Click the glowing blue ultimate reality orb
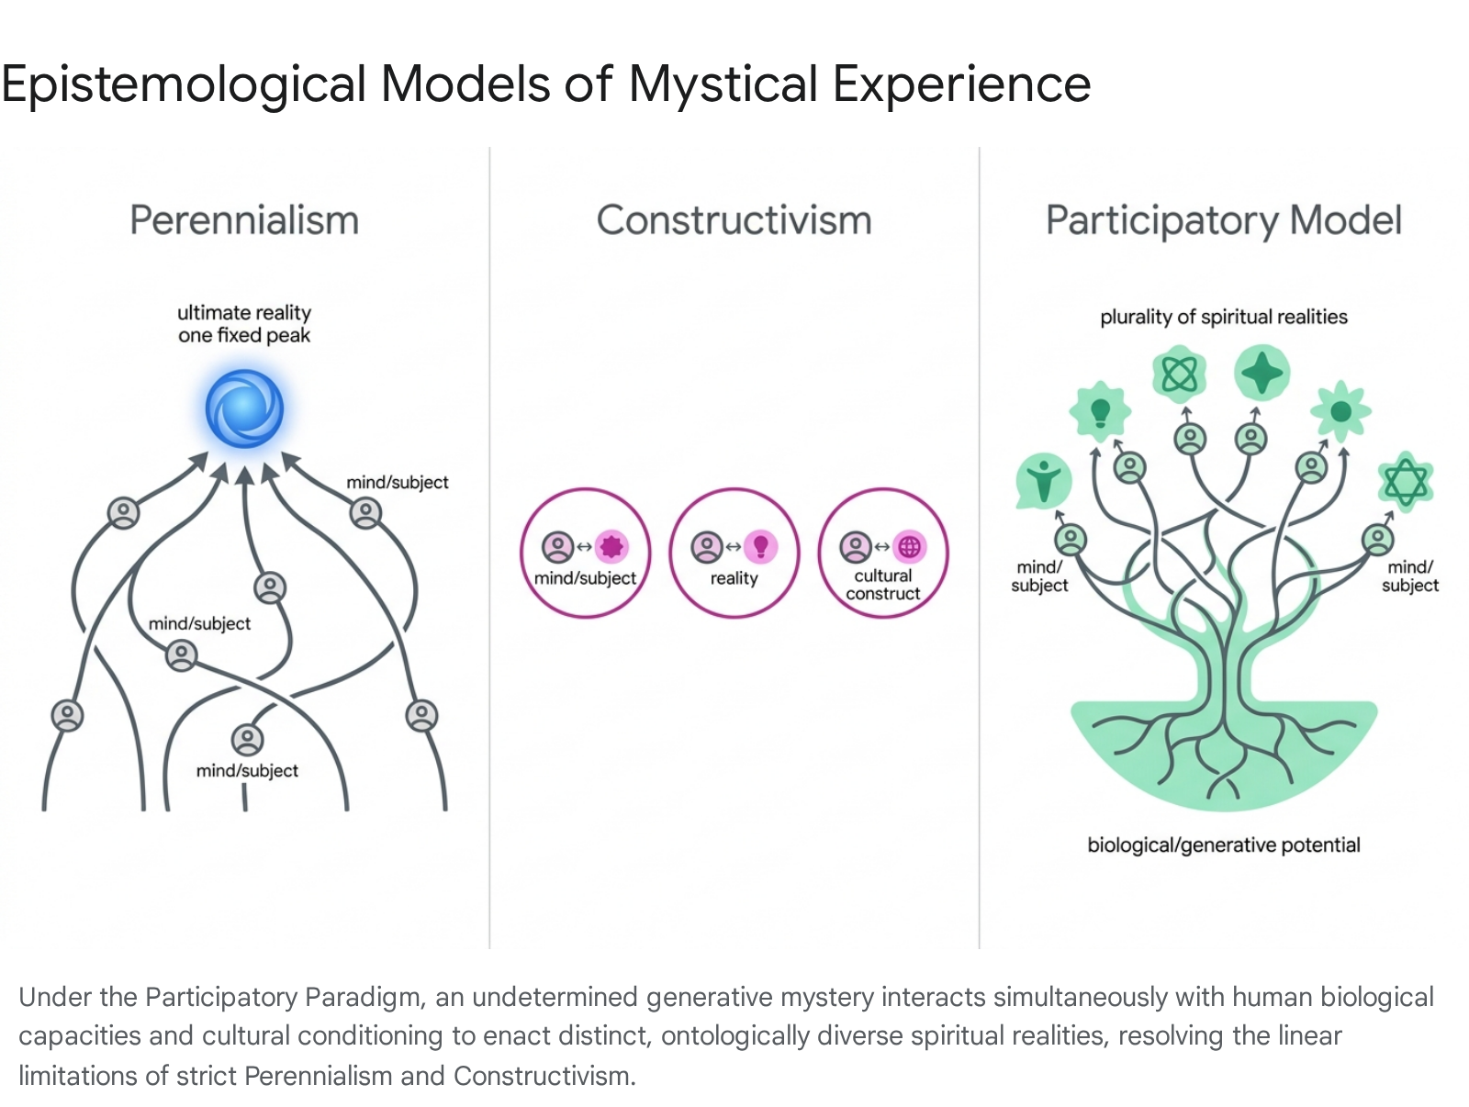point(244,408)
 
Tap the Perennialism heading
point(244,220)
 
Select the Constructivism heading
point(734,220)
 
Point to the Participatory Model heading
point(1223,221)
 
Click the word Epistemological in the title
point(184,85)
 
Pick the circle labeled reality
point(734,553)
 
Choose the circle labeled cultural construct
point(882,553)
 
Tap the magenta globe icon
point(909,547)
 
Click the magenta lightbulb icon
point(761,547)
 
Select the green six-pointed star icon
point(1406,482)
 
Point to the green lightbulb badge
point(1100,411)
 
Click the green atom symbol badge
point(1179,375)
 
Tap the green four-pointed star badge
point(1262,373)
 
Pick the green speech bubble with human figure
point(1043,481)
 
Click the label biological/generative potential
point(1223,844)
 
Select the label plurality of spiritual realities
point(1223,317)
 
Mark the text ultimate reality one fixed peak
point(244,324)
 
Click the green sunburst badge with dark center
point(1340,412)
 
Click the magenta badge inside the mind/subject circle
point(611,547)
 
